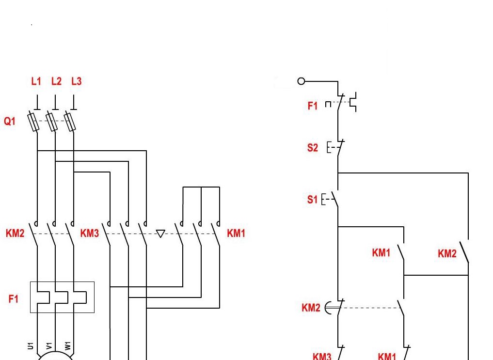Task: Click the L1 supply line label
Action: click(36, 81)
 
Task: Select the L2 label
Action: click(57, 81)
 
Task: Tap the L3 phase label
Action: click(77, 81)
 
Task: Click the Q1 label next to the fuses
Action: click(10, 121)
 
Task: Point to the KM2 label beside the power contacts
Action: click(15, 234)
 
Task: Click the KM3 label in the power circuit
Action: click(90, 234)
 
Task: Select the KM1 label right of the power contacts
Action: click(236, 234)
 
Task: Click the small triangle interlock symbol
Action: click(160, 234)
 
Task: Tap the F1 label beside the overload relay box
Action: click(14, 299)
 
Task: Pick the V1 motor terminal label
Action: click(49, 345)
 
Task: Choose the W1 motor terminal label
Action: click(68, 345)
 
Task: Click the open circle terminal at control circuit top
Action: click(301, 81)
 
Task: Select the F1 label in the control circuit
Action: click(313, 106)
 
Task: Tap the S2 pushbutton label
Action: click(313, 148)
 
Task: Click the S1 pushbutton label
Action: click(313, 199)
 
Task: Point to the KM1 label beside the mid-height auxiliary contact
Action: click(381, 252)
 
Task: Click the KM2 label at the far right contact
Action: click(447, 253)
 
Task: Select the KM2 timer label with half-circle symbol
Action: click(311, 308)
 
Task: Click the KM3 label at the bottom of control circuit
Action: click(322, 356)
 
